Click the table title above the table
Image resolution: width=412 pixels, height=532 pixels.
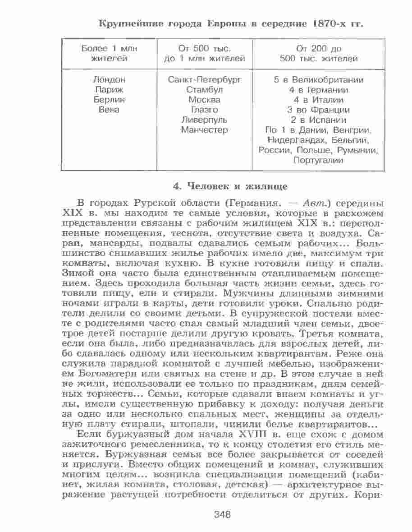230,24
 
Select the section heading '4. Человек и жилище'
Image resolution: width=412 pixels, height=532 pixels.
231,185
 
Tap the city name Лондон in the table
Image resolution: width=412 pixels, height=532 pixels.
109,80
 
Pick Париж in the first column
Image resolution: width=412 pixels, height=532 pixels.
109,90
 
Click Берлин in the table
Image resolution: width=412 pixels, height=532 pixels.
109,100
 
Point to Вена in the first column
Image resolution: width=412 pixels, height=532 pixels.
109,110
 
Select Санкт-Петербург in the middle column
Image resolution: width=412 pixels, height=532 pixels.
205,80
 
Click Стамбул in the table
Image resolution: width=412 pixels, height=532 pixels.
205,90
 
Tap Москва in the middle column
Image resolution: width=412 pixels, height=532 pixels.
205,100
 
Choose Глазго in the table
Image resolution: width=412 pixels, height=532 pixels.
205,110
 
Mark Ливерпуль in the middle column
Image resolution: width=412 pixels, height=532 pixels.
205,120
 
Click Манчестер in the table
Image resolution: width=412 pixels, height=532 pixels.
205,130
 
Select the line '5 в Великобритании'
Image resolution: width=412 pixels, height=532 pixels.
319,80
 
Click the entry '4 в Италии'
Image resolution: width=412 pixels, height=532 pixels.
319,100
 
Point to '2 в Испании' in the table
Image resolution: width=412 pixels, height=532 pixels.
319,120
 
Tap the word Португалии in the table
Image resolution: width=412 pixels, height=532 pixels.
319,160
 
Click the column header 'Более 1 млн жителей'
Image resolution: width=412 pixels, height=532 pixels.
109,53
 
